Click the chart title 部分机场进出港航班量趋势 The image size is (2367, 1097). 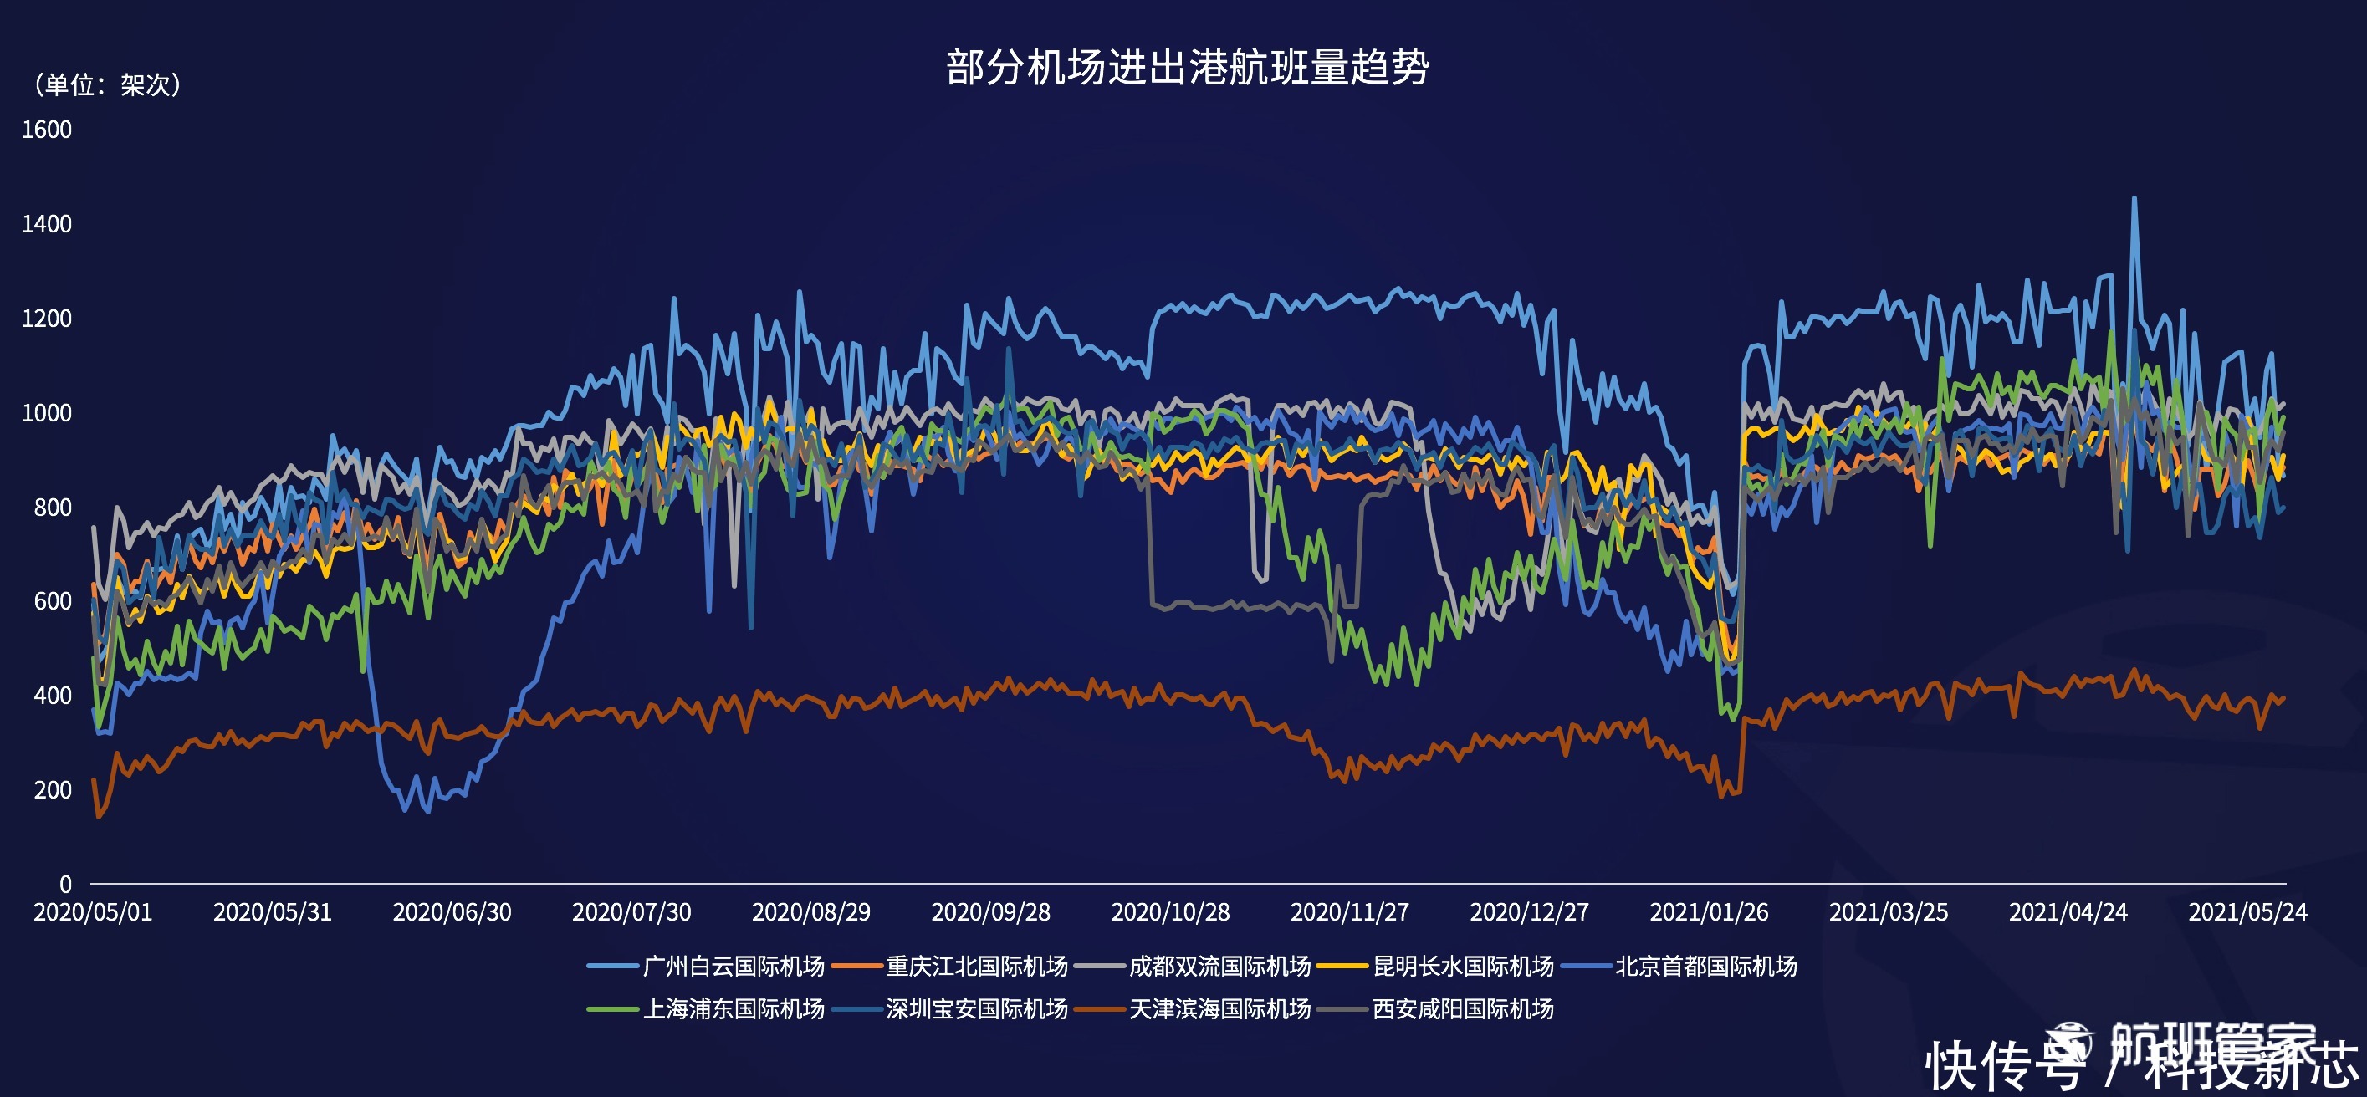(x=1187, y=67)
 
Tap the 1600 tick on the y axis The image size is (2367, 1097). (x=47, y=130)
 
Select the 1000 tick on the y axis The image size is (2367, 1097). (x=47, y=412)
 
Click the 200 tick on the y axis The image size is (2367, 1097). (x=53, y=790)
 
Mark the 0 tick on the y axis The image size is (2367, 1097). (x=65, y=884)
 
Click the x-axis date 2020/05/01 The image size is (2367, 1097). (x=93, y=912)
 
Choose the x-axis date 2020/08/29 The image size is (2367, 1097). (x=810, y=912)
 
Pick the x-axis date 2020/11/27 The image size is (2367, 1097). (x=1349, y=912)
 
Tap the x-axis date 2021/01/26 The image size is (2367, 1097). (x=1708, y=912)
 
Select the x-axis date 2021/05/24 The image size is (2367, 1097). (x=2247, y=912)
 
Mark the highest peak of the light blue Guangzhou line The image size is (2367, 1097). (x=2134, y=198)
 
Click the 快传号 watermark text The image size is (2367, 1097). (x=2003, y=1066)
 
